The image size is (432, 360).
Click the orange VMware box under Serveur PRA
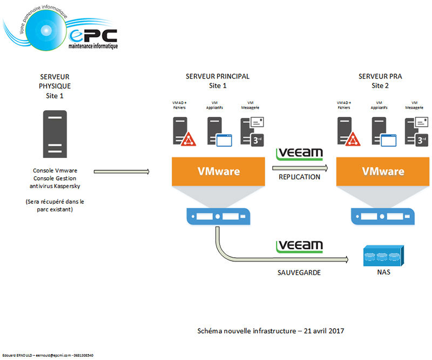[x=383, y=172]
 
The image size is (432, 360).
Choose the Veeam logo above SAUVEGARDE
[x=299, y=246]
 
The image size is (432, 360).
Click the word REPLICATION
[x=299, y=177]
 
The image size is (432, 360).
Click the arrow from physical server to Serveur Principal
[x=122, y=172]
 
